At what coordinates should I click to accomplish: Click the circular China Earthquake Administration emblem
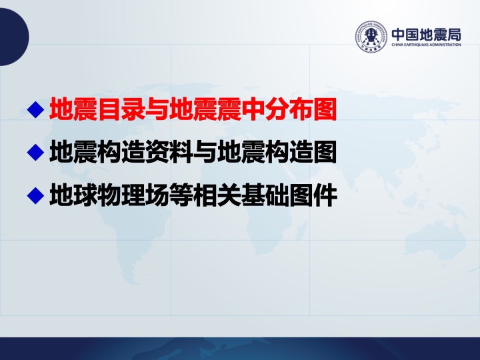tap(371, 37)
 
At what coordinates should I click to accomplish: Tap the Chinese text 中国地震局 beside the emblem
tap(427, 35)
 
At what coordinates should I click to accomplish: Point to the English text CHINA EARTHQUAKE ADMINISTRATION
tap(427, 45)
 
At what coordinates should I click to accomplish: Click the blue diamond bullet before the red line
tap(36, 109)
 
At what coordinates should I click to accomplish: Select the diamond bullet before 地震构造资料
tap(36, 152)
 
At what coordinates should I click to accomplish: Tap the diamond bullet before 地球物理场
tap(36, 195)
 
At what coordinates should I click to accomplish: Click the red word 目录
tap(121, 109)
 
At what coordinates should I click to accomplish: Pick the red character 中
tap(253, 109)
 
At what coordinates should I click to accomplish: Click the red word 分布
tap(289, 109)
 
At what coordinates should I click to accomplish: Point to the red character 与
tap(157, 109)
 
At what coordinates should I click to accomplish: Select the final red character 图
tap(325, 109)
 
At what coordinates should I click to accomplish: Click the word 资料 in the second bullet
tap(169, 152)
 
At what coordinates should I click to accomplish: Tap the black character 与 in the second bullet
tap(205, 152)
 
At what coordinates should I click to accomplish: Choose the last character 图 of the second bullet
tap(325, 152)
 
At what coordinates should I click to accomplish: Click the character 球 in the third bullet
tap(86, 195)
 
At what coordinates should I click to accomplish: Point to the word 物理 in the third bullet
tap(121, 195)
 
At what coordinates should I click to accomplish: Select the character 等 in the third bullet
tap(181, 195)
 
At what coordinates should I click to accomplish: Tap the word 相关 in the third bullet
tap(217, 195)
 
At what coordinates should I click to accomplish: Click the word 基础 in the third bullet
tap(265, 195)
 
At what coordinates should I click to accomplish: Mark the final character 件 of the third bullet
tap(325, 195)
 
